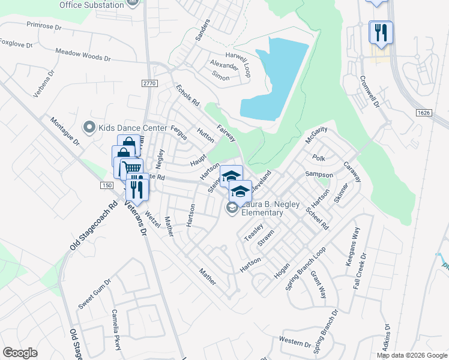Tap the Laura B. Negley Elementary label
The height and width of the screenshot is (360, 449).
[x=262, y=208]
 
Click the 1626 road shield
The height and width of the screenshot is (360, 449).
[x=424, y=112]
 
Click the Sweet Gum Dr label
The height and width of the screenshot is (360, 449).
[x=95, y=294]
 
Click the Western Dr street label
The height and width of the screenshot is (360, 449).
[x=295, y=343]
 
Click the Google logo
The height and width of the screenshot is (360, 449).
[x=20, y=353]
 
